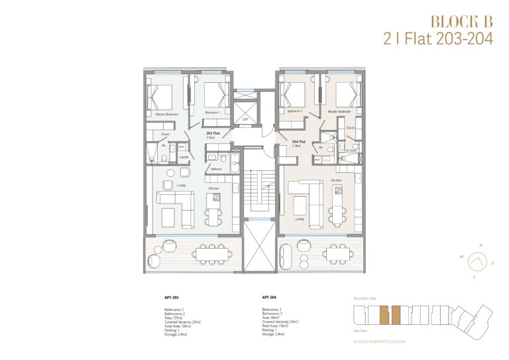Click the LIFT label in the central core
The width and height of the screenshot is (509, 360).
tap(245, 119)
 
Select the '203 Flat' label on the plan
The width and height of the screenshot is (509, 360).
tap(212, 133)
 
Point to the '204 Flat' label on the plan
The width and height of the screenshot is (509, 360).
tap(298, 141)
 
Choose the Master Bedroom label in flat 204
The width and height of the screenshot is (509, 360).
tap(340, 111)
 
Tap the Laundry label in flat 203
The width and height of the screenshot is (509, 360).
tap(183, 156)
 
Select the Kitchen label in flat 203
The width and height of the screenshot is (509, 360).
tap(214, 188)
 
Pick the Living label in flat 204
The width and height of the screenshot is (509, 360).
tap(300, 218)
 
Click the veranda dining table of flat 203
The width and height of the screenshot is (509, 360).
tap(210, 253)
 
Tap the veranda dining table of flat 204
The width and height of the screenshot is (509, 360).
tap(337, 253)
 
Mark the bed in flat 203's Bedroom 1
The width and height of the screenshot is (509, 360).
tap(213, 95)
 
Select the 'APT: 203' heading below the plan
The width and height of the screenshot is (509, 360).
tap(172, 298)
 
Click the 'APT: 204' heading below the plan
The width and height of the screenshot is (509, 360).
tap(270, 298)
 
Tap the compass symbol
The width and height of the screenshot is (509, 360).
tap(475, 261)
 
